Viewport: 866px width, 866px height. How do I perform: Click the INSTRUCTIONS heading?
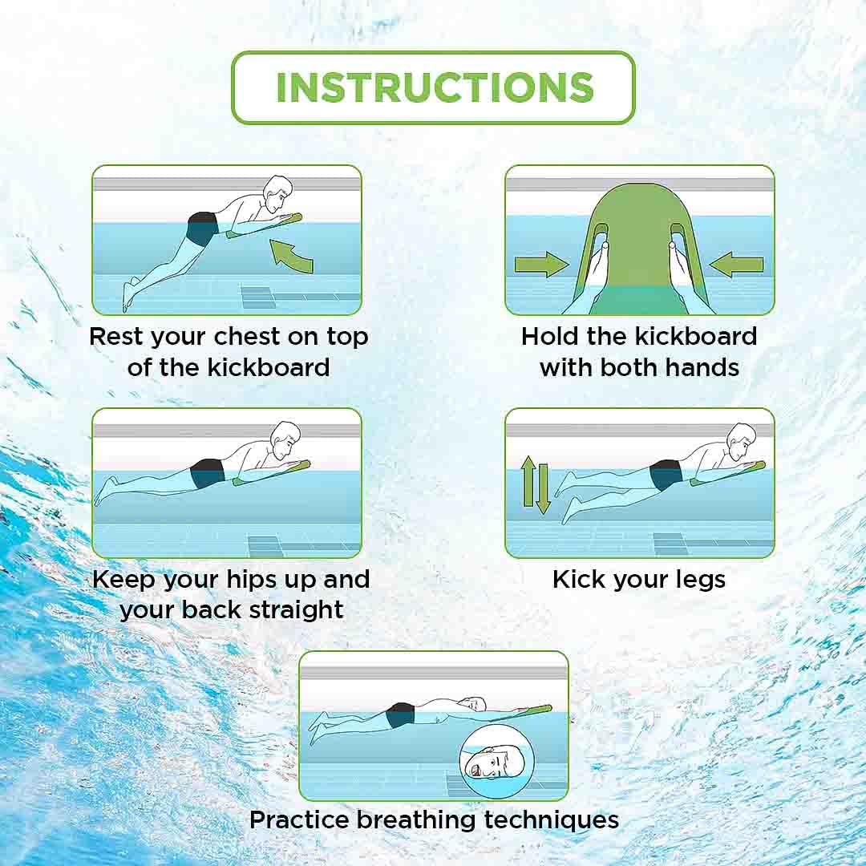click(x=434, y=87)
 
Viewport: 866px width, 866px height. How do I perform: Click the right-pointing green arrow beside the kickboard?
click(x=541, y=265)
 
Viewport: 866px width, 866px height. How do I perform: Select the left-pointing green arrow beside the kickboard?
click(x=737, y=265)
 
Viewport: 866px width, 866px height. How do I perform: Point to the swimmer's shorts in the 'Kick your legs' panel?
click(x=665, y=475)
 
